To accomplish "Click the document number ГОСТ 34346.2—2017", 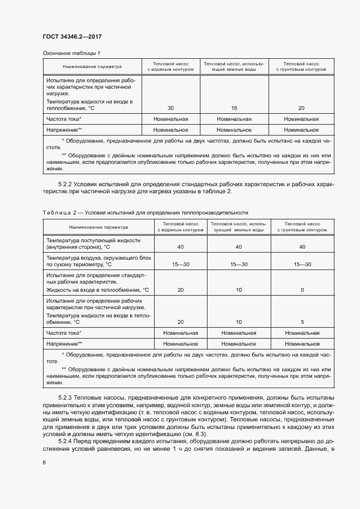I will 72,36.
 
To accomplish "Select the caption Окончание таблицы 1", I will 71,53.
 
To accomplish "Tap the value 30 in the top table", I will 170,108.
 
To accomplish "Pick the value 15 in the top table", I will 234,108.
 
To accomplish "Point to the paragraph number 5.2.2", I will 67,185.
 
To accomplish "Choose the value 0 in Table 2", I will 302,290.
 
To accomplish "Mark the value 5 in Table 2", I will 302,322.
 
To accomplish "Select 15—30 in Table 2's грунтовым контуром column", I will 302,264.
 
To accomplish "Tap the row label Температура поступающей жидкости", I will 93,240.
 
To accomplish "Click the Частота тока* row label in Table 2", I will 64,332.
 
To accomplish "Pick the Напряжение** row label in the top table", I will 64,130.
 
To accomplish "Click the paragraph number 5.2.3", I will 67,398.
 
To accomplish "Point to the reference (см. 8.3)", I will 210,433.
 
